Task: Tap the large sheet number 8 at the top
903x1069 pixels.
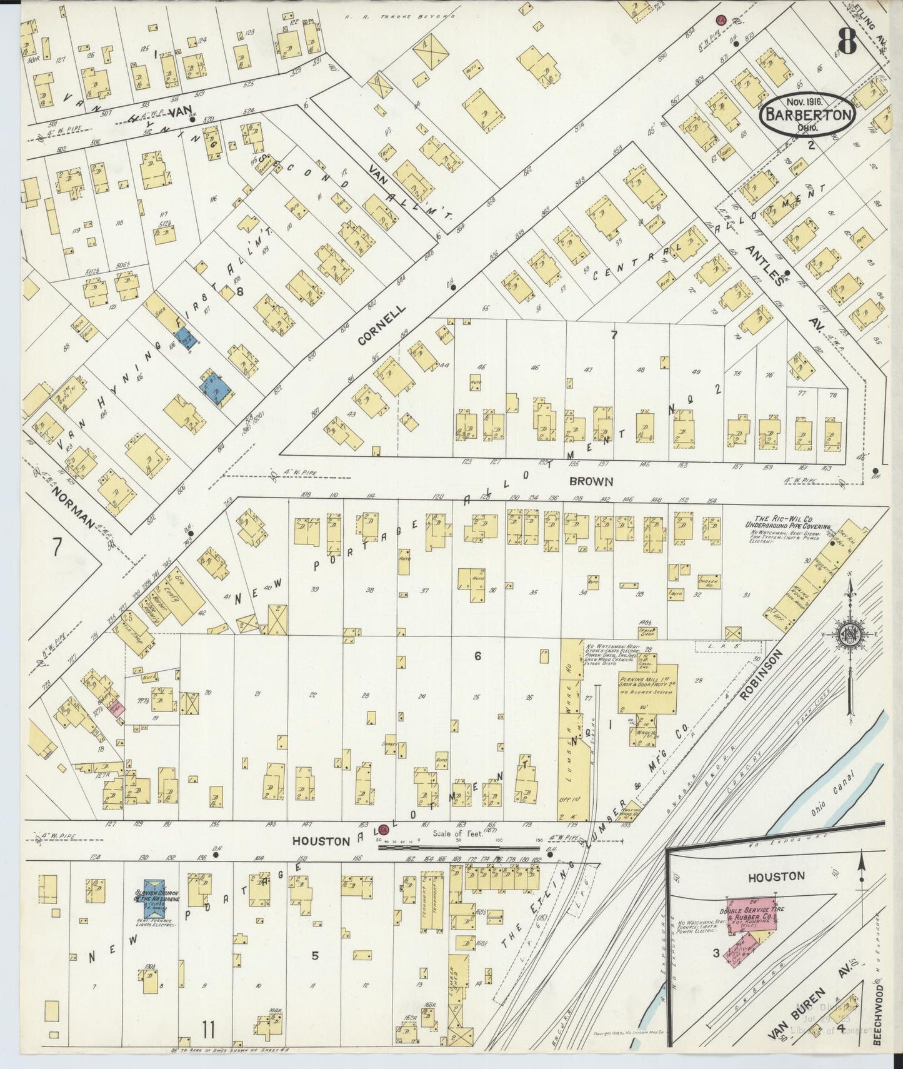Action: point(847,43)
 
